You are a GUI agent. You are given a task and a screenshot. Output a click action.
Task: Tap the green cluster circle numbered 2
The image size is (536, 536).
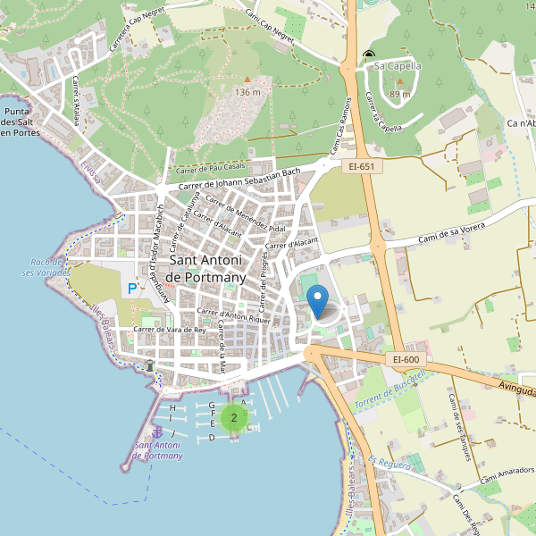pyautogui.click(x=234, y=417)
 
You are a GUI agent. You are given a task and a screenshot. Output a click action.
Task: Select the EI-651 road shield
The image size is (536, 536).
pyautogui.click(x=362, y=165)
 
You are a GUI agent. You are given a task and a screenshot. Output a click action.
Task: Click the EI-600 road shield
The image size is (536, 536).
pyautogui.click(x=406, y=359)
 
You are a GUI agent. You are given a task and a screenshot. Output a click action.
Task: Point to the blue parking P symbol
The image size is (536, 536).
pyautogui.click(x=132, y=289)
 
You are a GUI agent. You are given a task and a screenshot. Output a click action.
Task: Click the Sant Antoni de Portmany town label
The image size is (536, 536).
pyautogui.click(x=205, y=269)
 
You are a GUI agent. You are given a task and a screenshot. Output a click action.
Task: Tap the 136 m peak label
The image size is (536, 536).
pyautogui.click(x=247, y=92)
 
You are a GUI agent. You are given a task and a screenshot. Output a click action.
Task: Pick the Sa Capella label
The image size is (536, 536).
pyautogui.click(x=398, y=65)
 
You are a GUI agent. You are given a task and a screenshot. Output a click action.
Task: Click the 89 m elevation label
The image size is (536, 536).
pyautogui.click(x=400, y=94)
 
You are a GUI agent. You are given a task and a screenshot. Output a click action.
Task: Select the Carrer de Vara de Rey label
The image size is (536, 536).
pyautogui.click(x=170, y=329)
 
